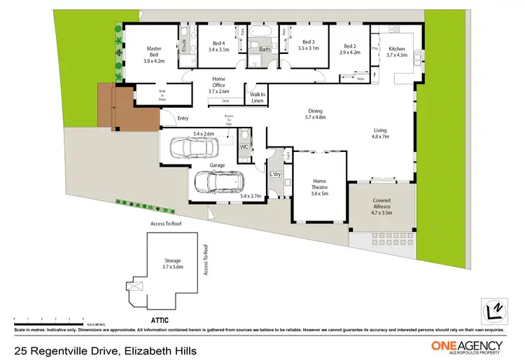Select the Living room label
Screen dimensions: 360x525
(x=381, y=130)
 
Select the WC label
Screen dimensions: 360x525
(x=244, y=148)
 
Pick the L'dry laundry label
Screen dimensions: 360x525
(x=275, y=174)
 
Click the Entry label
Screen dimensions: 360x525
(x=183, y=118)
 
